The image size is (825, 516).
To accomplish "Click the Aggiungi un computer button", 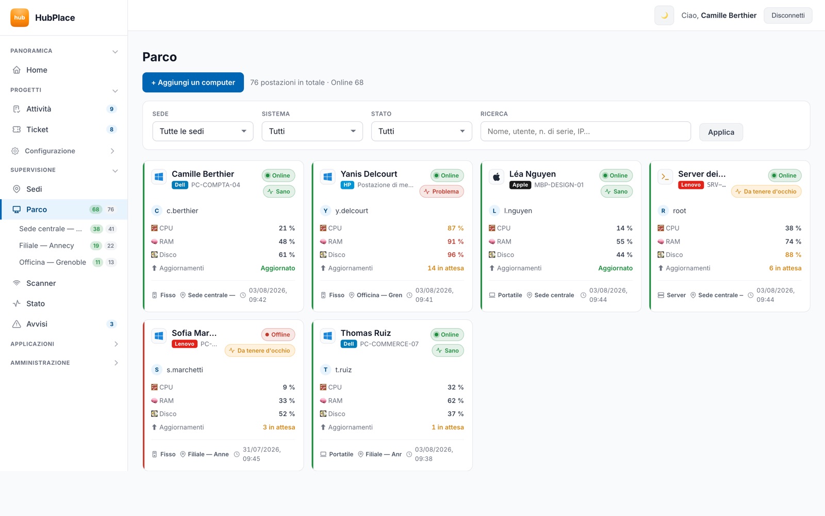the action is tap(193, 82).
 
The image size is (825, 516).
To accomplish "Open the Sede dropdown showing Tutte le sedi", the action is tap(203, 131).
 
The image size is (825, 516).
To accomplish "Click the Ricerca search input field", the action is tap(585, 131).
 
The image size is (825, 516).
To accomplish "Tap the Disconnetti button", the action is tap(788, 15).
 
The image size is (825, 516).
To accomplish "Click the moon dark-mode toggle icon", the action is tap(664, 15).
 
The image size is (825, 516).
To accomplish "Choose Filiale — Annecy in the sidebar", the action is tap(46, 246).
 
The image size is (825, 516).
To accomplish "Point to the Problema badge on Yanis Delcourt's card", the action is tap(441, 191).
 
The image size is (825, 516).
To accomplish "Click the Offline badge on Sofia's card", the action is tap(278, 334).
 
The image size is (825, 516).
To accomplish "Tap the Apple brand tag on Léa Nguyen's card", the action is tap(520, 185).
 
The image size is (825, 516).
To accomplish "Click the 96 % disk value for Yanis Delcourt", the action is tap(456, 255).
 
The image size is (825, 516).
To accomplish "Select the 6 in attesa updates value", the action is tap(785, 268).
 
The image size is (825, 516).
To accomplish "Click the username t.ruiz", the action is tap(343, 369).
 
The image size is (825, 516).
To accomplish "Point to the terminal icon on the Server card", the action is tap(665, 177).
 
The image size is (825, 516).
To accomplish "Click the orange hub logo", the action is tap(20, 18).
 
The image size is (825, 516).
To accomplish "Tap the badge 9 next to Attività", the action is tap(111, 109).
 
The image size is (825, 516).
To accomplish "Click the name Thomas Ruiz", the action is tap(366, 333).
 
